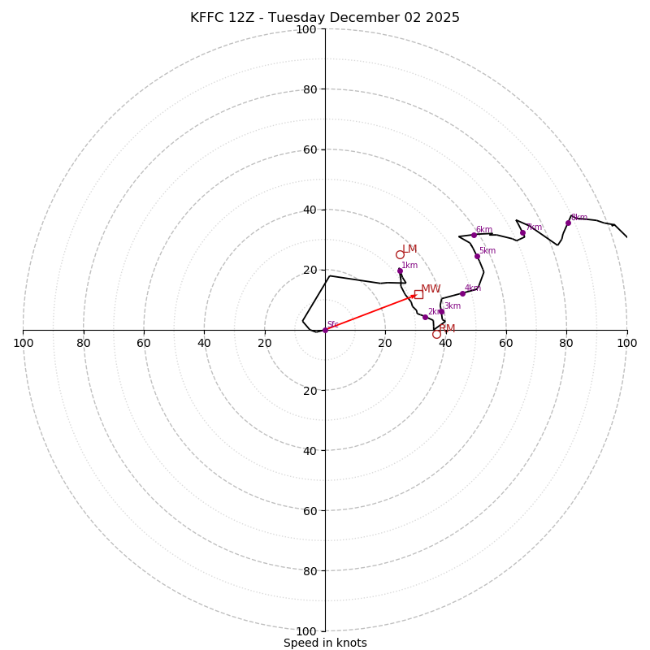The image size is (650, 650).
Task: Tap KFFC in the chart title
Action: click(207, 18)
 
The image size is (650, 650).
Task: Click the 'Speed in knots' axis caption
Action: click(325, 643)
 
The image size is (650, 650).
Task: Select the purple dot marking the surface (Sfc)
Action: click(325, 330)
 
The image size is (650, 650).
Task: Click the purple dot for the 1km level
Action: click(400, 271)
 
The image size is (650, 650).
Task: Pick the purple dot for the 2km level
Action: click(425, 317)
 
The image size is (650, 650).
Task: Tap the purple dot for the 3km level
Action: click(441, 311)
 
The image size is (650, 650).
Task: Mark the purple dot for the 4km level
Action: click(462, 293)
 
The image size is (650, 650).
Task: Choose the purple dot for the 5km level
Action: click(477, 256)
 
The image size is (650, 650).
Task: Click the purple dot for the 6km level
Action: click(474, 235)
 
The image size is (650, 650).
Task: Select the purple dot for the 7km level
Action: click(522, 233)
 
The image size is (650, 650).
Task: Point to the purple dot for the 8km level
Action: click(568, 223)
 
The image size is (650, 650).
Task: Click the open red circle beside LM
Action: click(400, 254)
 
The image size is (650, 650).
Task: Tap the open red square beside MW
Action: click(418, 294)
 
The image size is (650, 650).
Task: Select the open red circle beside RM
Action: click(436, 334)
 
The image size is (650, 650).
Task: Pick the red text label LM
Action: click(409, 249)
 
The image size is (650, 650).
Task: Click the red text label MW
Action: click(431, 289)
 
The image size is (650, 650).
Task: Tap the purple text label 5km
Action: click(487, 251)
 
